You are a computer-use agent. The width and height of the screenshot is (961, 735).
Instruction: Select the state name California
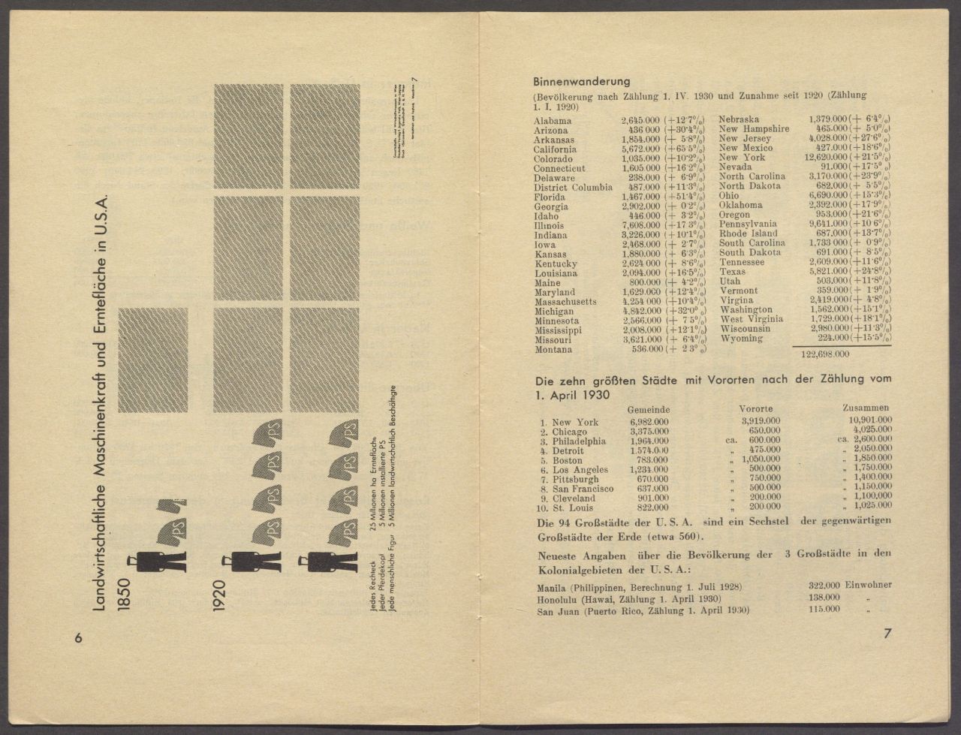[x=555, y=149]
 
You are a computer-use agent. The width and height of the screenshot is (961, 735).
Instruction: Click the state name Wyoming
[x=741, y=339]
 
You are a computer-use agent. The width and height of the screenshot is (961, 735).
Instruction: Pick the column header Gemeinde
[x=649, y=409]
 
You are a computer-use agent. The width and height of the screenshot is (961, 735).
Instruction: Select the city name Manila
[x=552, y=587]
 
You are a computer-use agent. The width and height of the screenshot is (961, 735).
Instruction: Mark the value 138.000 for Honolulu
[x=824, y=598]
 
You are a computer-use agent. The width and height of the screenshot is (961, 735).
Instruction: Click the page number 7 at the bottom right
[x=887, y=634]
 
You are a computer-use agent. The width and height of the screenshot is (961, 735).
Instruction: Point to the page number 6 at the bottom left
[x=78, y=637]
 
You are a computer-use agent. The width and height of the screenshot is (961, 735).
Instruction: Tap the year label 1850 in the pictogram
[x=123, y=592]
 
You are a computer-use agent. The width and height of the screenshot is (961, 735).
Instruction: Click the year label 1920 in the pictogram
[x=218, y=592]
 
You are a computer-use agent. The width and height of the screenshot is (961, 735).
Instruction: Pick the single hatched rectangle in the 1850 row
[x=152, y=360]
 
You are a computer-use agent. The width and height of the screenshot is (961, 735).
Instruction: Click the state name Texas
[x=733, y=272]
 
